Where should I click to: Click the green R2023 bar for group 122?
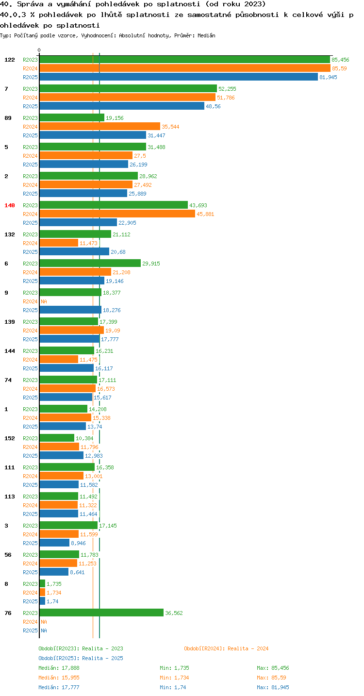(185, 60)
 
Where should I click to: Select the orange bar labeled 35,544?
(99, 127)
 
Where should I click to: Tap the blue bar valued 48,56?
(122, 106)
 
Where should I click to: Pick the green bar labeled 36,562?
(101, 613)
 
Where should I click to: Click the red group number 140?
(10, 205)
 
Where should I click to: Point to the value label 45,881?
(205, 214)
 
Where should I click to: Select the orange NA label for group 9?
(44, 301)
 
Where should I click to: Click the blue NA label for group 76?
(44, 630)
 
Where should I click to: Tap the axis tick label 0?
(39, 50)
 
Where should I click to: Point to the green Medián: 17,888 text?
(59, 668)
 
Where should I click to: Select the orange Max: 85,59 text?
(271, 678)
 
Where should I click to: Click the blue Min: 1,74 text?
(173, 687)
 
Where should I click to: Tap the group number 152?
(10, 438)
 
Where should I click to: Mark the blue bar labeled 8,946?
(54, 543)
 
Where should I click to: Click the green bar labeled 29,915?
(90, 263)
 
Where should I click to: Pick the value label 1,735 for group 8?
(54, 584)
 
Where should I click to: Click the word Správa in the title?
(30, 4)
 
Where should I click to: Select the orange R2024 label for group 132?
(30, 243)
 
